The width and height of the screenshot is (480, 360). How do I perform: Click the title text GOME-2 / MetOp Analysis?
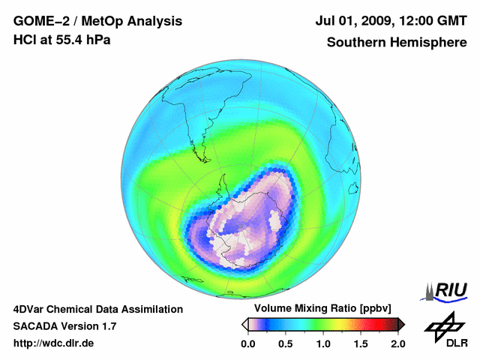click(97, 22)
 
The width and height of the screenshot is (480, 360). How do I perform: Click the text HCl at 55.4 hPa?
click(62, 40)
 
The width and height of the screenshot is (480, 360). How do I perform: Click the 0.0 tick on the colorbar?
click(248, 343)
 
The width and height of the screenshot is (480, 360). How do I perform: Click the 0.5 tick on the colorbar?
click(286, 343)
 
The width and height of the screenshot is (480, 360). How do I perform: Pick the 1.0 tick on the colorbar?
click(323, 343)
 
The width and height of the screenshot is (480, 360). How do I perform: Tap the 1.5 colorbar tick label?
click(360, 343)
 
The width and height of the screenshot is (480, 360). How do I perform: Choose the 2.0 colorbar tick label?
click(397, 343)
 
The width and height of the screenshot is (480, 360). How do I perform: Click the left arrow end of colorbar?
click(244, 324)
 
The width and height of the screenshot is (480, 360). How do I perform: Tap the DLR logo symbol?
click(442, 324)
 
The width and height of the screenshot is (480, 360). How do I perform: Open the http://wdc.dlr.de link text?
click(54, 343)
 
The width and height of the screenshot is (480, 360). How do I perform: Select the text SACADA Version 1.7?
click(64, 326)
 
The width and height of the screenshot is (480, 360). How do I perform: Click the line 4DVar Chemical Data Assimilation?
click(98, 309)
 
